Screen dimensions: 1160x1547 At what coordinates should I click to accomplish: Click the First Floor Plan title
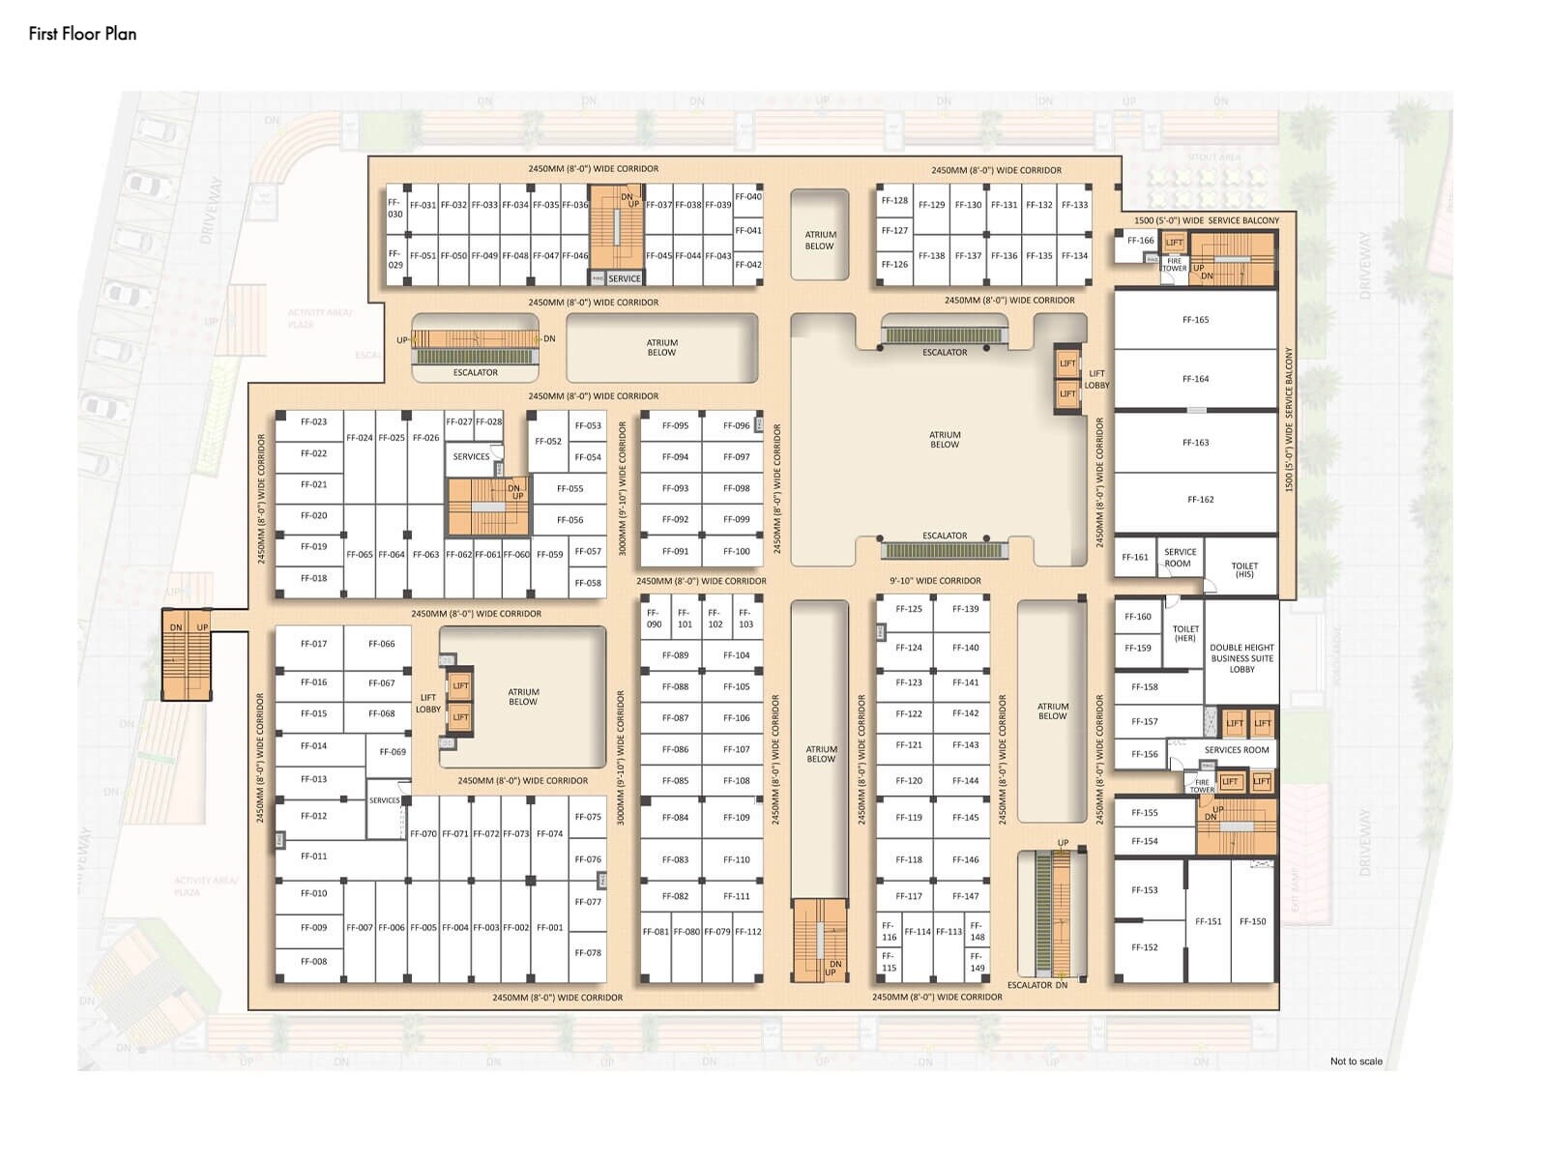(x=82, y=34)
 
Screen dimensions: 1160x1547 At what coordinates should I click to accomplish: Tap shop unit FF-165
(x=1195, y=320)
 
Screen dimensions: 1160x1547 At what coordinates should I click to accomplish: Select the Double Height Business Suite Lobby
(x=1241, y=658)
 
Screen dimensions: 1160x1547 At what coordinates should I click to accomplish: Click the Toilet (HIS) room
(x=1244, y=570)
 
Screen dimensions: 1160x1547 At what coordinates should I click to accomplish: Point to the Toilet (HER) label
(x=1185, y=633)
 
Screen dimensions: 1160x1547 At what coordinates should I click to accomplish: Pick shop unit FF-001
(x=549, y=928)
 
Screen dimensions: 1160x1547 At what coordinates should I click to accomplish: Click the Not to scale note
(x=1356, y=1061)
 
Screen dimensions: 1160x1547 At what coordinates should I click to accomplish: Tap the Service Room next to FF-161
(x=1179, y=558)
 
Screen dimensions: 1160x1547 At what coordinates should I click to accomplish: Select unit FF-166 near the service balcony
(x=1140, y=241)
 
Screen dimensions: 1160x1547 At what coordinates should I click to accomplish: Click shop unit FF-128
(x=894, y=201)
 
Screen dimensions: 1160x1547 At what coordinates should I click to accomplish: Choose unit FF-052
(x=548, y=442)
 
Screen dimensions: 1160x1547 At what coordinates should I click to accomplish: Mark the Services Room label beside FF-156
(x=1236, y=750)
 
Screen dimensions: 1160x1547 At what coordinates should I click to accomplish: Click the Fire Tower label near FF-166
(x=1174, y=265)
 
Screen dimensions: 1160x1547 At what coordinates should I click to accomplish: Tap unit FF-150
(x=1252, y=922)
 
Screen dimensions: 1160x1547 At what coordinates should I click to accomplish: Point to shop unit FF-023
(x=313, y=422)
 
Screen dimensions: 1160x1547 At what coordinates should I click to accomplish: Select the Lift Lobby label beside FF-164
(x=1096, y=379)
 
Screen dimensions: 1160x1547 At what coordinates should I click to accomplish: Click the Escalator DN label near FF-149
(x=1036, y=985)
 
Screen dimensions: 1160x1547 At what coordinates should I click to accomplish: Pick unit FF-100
(x=736, y=551)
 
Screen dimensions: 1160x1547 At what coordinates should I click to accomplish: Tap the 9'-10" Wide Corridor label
(x=935, y=581)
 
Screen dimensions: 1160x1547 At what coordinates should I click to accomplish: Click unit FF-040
(x=747, y=197)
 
